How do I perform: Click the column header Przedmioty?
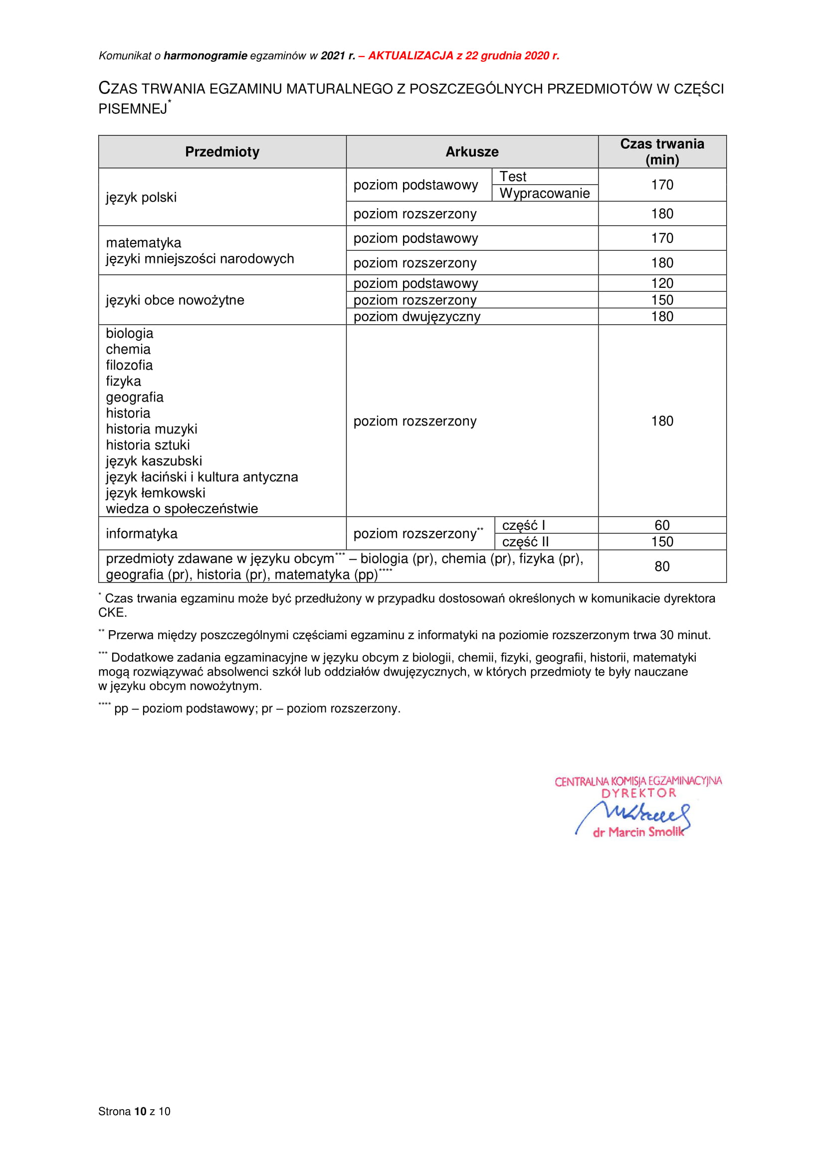pos(222,152)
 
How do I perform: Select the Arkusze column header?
pos(471,152)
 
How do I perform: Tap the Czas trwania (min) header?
pos(661,152)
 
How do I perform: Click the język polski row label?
pos(141,197)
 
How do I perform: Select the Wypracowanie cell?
pos(544,194)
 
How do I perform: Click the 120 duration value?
pos(661,283)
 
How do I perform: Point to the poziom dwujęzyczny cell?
pos(416,317)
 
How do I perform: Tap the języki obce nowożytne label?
pos(175,300)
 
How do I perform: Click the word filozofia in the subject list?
pos(129,365)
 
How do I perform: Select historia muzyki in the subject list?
pos(152,429)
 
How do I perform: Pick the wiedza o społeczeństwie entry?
pos(182,509)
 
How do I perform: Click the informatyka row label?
pos(142,534)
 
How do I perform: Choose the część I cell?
pos(523,525)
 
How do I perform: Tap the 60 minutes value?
pos(661,525)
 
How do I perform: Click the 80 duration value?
pos(661,567)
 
